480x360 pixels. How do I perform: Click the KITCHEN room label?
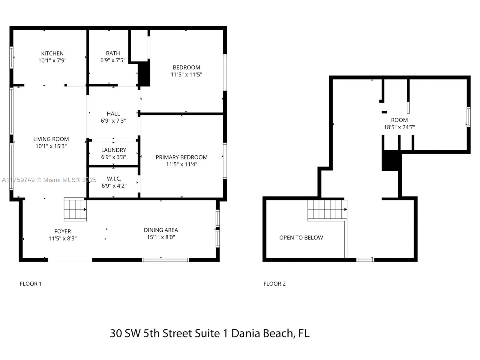52,53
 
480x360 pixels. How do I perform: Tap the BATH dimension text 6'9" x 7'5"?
113,60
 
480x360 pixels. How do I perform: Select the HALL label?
113,114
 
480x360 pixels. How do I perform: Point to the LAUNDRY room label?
114,150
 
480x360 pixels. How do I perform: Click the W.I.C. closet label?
114,178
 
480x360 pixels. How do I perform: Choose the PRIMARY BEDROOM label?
181,157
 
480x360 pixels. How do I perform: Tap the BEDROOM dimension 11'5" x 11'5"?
187,74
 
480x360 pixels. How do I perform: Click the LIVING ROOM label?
51,139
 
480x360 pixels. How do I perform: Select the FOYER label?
62,231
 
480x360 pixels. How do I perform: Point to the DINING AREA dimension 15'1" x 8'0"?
161,237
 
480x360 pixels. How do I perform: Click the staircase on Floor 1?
75,209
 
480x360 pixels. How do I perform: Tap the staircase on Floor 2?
327,210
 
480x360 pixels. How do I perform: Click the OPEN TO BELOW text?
301,238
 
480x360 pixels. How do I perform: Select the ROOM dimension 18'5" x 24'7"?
400,127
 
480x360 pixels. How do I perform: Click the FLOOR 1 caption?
31,284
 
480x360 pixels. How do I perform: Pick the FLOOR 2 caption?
274,284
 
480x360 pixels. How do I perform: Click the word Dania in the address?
246,333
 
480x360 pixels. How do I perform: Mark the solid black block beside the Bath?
144,74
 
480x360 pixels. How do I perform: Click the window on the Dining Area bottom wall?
166,260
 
